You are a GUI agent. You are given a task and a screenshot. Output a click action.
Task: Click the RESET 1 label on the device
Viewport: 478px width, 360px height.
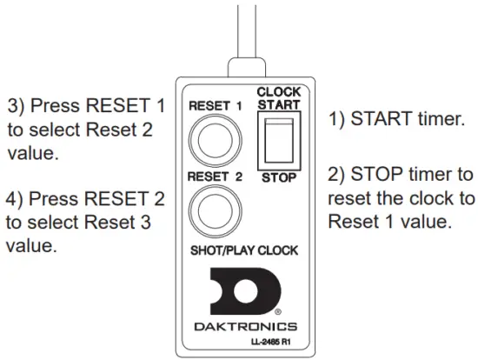tap(213, 106)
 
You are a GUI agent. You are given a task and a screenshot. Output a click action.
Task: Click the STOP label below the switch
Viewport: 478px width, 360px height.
tap(278, 178)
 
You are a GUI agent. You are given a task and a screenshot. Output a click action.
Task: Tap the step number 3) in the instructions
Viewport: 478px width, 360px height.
tap(18, 106)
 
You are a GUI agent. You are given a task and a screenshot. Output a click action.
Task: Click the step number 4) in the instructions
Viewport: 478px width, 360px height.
tap(18, 200)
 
